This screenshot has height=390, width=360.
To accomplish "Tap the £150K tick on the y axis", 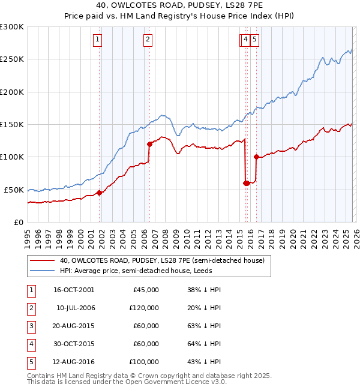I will coord(12,124).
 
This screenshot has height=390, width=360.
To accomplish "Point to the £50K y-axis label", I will coord(14,190).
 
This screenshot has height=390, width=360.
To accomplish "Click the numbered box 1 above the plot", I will coord(97,40).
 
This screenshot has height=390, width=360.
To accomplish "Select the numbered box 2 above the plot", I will coord(148,40).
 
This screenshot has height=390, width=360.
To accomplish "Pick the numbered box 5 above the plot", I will coord(254,40).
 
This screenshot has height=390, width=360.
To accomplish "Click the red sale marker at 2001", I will coord(99,193).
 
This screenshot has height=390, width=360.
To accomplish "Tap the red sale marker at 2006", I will coord(149,144).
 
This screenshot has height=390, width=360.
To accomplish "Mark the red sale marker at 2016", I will coord(256,157).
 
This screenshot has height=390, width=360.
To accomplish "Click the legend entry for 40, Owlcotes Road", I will coord(166,260).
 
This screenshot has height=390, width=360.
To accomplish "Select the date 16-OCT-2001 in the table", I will coord(74,290).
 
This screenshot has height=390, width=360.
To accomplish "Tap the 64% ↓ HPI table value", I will coord(204,344).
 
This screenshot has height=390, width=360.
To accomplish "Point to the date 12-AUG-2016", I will coord(74,362).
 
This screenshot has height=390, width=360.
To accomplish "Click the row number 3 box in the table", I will coord(31,326).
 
